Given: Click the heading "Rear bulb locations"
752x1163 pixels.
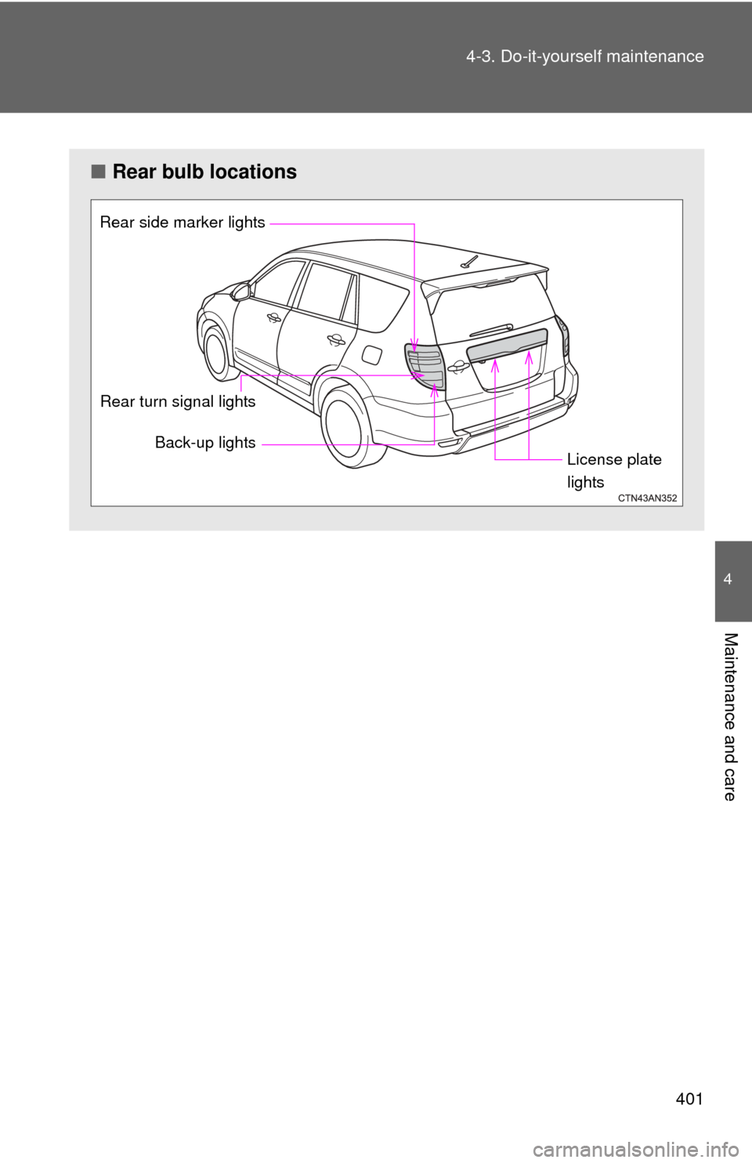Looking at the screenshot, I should [204, 172].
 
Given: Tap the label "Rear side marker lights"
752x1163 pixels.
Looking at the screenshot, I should [183, 223].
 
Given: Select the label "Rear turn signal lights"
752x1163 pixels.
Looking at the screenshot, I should [178, 401].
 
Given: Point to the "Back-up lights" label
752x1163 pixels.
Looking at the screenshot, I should [205, 443].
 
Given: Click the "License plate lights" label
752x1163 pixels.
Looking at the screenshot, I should [613, 470].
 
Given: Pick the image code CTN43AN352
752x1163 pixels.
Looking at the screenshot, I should [647, 498].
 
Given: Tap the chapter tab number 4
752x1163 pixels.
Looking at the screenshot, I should [728, 580].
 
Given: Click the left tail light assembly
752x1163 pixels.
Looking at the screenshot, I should [425, 367].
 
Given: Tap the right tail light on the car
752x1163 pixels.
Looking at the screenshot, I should [562, 335].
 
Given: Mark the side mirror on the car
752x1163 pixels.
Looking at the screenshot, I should [240, 292].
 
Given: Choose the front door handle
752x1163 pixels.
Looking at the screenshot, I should [274, 317].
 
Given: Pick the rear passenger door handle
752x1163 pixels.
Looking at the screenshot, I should [336, 339].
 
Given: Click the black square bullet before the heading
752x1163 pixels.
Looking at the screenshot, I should [98, 172].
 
